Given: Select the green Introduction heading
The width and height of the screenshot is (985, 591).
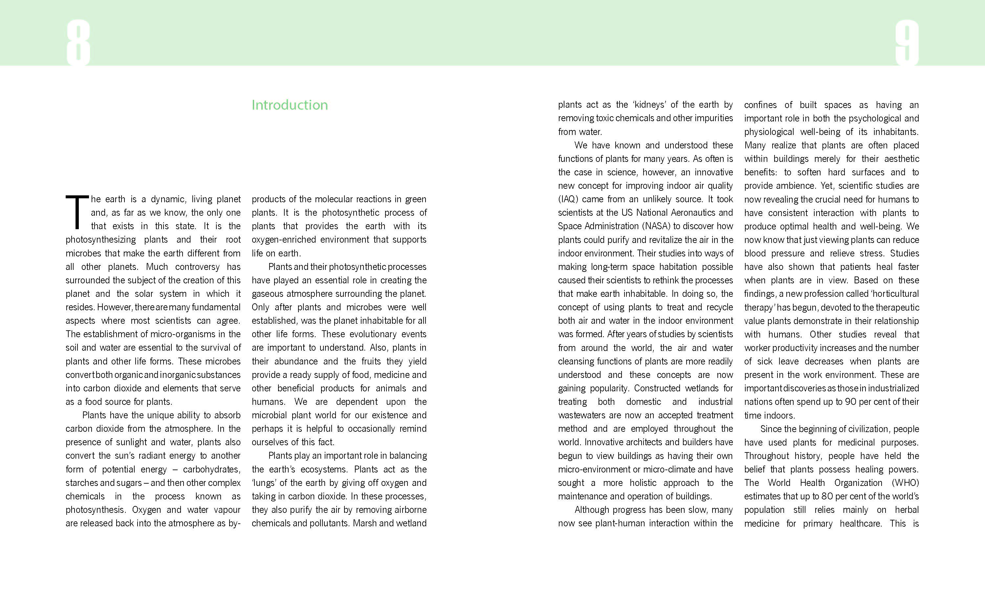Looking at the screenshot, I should pyautogui.click(x=290, y=105).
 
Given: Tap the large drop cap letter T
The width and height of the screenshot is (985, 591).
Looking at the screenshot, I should pyautogui.click(x=77, y=212).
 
